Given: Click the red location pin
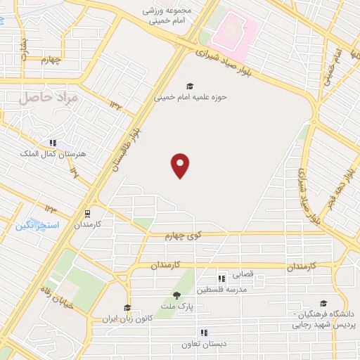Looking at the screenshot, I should click(181, 165).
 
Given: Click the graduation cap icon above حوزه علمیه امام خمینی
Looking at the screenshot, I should click(190, 86).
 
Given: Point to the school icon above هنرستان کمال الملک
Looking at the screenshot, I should click(53, 143).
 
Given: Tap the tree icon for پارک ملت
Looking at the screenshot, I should click(176, 295).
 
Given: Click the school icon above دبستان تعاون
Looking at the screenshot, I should click(204, 333).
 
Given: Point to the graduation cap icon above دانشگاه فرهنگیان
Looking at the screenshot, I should click(323, 303).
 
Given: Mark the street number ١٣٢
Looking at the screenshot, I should click(115, 104).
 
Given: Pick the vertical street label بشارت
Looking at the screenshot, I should click(22, 49).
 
